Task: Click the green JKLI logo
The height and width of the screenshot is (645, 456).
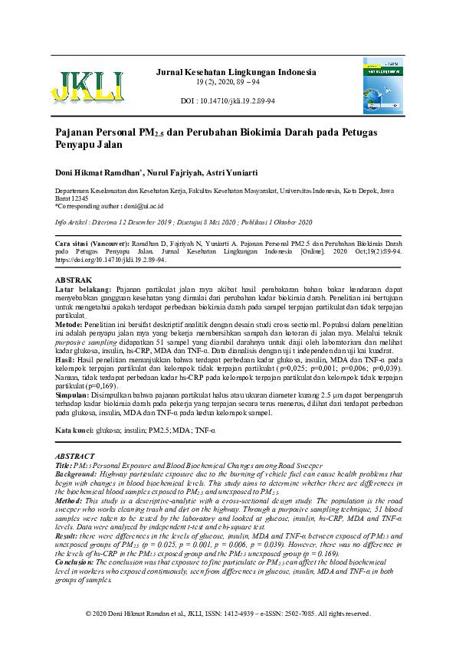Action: [x=87, y=86]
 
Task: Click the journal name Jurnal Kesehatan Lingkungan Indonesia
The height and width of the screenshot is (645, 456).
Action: [x=235, y=73]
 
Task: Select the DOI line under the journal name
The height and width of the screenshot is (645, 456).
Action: [x=228, y=101]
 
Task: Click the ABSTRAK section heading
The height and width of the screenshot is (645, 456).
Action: [x=74, y=280]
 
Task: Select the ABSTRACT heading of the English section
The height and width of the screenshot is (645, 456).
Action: [x=76, y=456]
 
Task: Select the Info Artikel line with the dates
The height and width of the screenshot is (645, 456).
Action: [x=184, y=221]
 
